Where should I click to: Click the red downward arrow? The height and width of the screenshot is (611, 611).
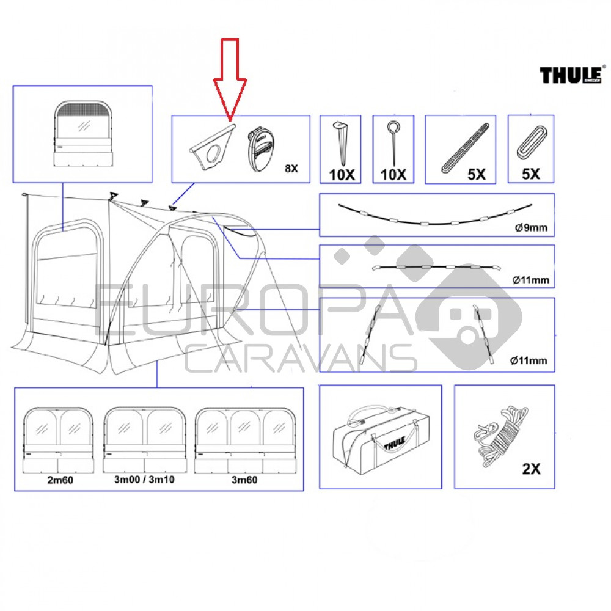pos(230,78)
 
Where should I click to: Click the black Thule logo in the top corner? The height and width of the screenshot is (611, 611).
pos(571,75)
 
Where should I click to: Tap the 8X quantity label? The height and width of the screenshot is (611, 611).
pos(291,169)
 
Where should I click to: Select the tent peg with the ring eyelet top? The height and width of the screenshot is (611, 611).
pos(393,142)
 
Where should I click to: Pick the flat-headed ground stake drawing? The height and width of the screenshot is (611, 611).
pos(340,143)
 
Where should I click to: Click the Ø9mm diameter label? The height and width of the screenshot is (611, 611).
pos(531,227)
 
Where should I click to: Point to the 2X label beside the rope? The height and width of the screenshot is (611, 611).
pos(531,469)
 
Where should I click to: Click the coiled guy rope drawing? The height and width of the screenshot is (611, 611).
pos(500,435)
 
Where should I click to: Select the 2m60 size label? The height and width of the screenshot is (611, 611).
pos(60,480)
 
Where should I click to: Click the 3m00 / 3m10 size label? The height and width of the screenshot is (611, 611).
pos(144,479)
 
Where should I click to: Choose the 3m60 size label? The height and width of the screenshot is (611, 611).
pos(244,480)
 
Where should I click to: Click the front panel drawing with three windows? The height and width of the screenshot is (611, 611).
pos(244,441)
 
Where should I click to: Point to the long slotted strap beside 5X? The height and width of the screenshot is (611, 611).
pos(465,148)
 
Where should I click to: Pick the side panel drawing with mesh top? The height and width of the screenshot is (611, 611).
pos(83,133)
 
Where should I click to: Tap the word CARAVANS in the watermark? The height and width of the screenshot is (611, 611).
pos(301,358)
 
